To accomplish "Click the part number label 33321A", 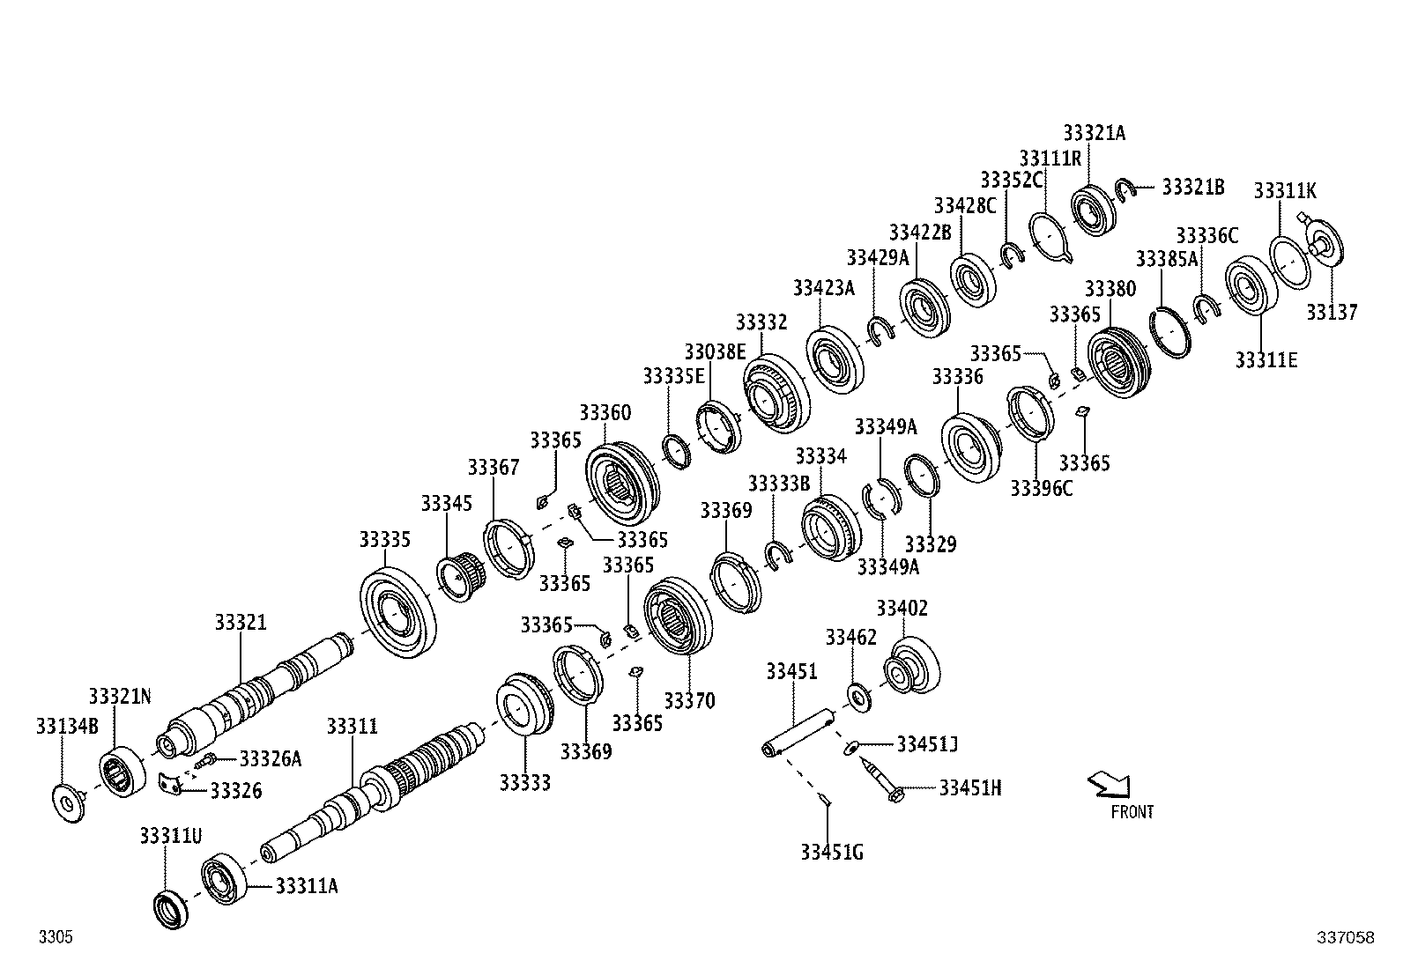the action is (x=1094, y=133).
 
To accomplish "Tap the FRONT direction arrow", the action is (x=1110, y=785).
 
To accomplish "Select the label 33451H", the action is (x=969, y=787).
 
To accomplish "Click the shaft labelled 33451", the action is (x=799, y=732).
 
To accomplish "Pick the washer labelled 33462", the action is (x=858, y=698).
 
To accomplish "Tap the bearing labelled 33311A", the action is (x=224, y=879).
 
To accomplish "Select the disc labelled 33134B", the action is (x=68, y=803).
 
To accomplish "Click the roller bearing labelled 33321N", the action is (x=122, y=772).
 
